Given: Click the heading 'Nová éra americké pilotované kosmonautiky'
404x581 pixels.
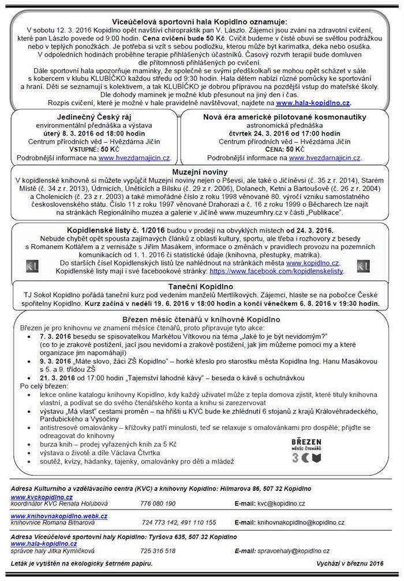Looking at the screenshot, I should pos(285,117).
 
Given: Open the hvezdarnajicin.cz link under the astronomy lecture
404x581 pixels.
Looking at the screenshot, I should pos(325,157).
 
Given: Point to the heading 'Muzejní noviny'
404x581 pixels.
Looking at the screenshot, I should pos(200,172).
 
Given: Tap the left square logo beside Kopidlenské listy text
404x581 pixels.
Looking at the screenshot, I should pos(33,266).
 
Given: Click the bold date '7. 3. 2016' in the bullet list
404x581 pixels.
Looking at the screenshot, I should pos(56,335).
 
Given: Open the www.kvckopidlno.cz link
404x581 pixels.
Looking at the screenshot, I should pos(42,496).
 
